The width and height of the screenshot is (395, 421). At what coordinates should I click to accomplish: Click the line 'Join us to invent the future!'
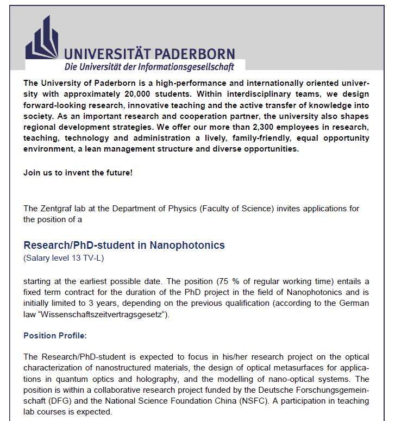pos(78,173)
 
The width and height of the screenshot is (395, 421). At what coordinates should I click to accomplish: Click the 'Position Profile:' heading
pos(54,336)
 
